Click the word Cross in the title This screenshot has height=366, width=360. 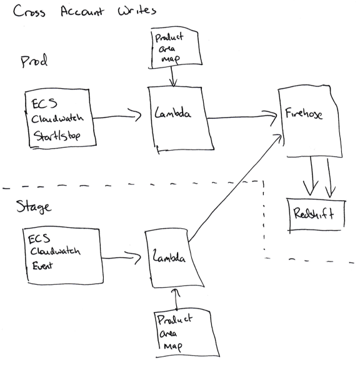[x=29, y=11]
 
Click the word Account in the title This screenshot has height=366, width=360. [x=82, y=11]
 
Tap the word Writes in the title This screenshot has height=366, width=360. [x=137, y=11]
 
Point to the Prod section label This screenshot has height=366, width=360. [x=34, y=61]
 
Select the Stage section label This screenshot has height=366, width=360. [x=34, y=206]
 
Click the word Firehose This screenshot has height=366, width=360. [x=304, y=113]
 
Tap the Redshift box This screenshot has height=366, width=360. [x=316, y=215]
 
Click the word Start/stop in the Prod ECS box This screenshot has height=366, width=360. [x=57, y=136]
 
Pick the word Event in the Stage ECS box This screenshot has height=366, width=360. [x=42, y=266]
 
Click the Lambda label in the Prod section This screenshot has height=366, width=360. [x=172, y=113]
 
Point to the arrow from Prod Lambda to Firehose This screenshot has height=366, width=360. [x=242, y=117]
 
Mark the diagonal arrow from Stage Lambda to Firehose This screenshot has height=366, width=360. [x=236, y=188]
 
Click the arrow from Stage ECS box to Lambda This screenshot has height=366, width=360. [x=121, y=258]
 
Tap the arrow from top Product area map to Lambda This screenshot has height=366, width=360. [x=172, y=76]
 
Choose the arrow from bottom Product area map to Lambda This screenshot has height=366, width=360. [x=176, y=300]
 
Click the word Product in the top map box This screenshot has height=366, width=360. [x=169, y=37]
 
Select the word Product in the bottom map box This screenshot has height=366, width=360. [x=175, y=319]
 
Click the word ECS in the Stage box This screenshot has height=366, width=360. [x=39, y=239]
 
